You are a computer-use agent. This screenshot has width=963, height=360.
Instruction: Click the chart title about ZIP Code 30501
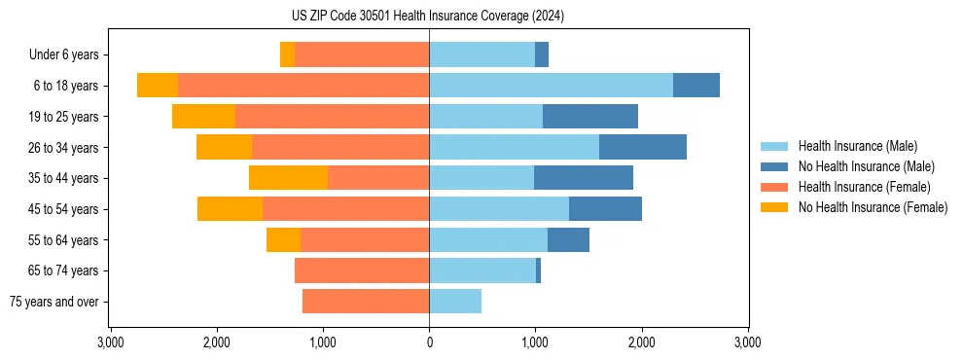coord(428,17)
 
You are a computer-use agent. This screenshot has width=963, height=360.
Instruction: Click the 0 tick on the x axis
coord(429,342)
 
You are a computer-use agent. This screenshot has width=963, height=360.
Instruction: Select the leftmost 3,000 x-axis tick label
coord(111,342)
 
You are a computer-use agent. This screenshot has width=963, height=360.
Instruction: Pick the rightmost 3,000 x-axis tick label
coord(747,342)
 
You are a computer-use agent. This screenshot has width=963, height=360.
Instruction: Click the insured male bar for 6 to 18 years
coord(551,86)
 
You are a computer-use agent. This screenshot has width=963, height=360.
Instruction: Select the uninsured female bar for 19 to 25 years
coord(203,117)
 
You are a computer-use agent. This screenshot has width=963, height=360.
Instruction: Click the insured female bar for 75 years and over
coord(366,302)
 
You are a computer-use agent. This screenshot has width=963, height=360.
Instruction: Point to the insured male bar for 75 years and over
coord(455,302)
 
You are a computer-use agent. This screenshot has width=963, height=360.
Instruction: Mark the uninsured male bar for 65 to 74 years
coord(538,270)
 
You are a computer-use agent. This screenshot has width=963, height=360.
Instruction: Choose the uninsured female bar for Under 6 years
coord(287,54)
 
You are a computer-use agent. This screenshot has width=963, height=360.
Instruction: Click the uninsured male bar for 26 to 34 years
coord(643,147)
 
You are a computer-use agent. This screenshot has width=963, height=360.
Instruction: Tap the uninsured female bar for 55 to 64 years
coord(283,239)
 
